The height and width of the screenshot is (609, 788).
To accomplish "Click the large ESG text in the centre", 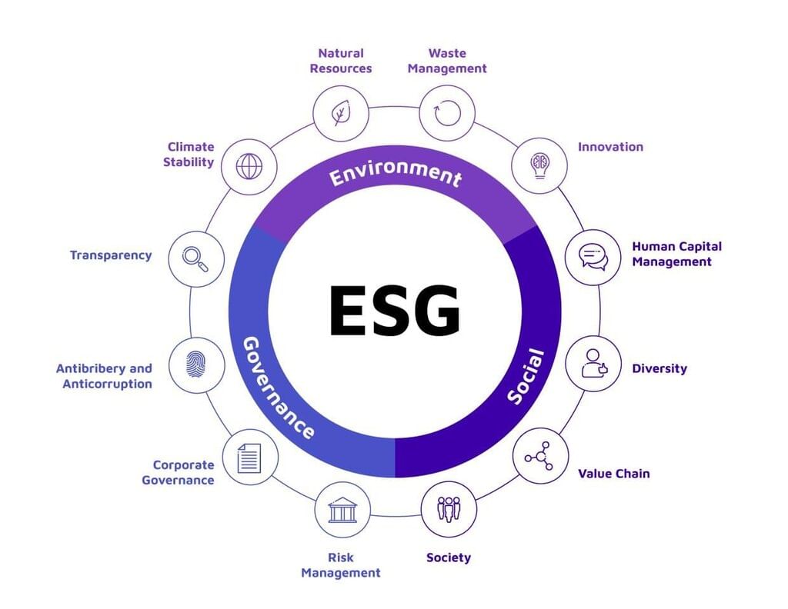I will (394, 311).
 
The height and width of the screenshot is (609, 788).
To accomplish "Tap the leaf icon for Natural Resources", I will (339, 114).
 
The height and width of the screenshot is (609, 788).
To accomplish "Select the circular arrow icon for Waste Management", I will (448, 114).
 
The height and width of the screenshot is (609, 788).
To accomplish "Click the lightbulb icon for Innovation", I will (539, 165).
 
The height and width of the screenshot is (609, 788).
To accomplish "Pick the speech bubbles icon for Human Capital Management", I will (593, 258).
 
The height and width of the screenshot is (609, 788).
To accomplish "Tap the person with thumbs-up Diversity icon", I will (593, 364).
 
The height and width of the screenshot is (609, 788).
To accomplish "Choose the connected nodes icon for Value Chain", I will (540, 456).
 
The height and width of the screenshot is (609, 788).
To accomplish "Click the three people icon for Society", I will (449, 509).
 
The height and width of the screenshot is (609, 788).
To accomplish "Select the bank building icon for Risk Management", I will (342, 509).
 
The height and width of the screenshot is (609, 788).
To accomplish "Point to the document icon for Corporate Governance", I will (249, 457).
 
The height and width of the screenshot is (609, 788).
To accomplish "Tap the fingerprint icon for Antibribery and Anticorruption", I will (196, 364).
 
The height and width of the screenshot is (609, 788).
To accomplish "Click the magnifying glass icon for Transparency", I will (195, 258).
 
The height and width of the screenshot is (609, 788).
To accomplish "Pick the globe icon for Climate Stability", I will (249, 166).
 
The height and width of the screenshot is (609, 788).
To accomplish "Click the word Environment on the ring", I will (396, 174).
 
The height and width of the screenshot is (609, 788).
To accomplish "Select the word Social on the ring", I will (526, 377).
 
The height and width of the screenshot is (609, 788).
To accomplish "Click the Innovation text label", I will (610, 147).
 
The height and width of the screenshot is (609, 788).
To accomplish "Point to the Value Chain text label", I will (613, 474).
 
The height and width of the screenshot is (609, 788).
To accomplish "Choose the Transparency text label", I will (111, 255).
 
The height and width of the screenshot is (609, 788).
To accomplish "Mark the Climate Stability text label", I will (190, 155).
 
